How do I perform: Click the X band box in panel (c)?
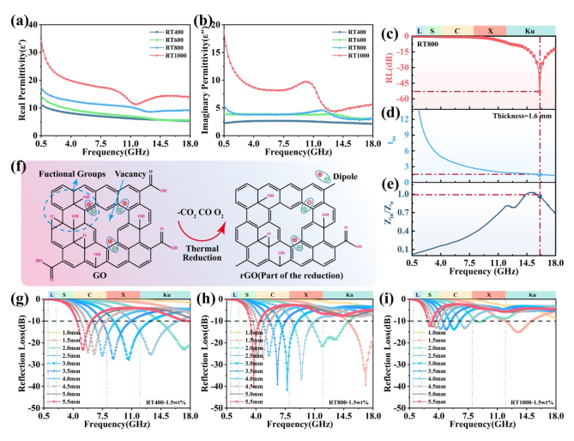point(490,30)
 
